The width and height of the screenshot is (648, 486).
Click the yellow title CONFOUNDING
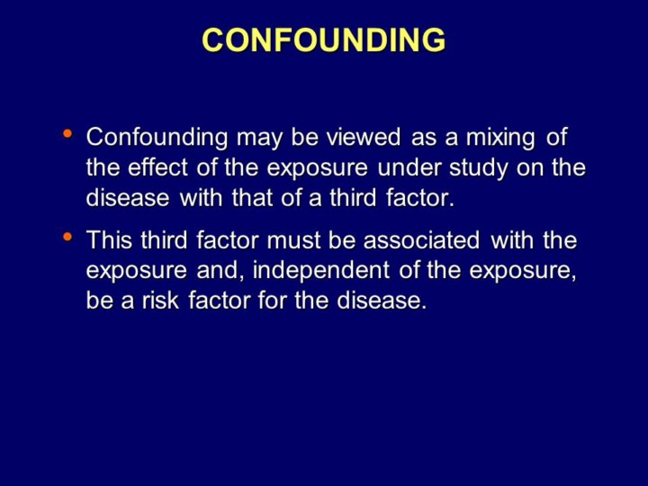[x=324, y=40]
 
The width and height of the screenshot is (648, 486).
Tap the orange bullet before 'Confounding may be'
[x=67, y=133]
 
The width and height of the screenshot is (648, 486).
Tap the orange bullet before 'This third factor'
[x=67, y=237]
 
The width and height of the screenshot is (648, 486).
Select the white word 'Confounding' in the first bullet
[x=157, y=137]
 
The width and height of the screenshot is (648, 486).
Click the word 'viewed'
[x=364, y=137]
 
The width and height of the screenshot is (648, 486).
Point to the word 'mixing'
[x=500, y=138]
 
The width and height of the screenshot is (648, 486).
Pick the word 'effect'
[x=157, y=167]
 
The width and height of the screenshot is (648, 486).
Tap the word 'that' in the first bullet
[x=252, y=197]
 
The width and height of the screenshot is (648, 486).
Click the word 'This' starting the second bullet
[x=109, y=240]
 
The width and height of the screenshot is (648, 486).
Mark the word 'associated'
[x=421, y=240]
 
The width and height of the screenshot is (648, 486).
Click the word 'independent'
[x=321, y=271]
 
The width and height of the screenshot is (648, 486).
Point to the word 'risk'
[x=161, y=300]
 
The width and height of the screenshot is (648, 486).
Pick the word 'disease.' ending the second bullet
[x=381, y=300]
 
